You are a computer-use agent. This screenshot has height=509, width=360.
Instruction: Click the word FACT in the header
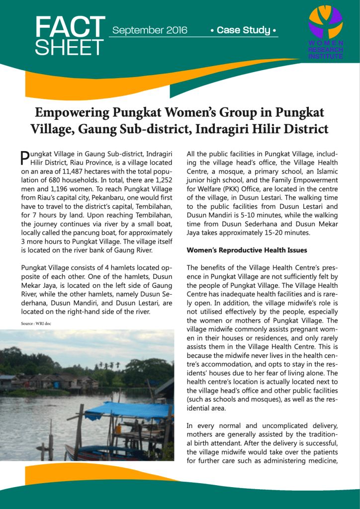pos(70,27)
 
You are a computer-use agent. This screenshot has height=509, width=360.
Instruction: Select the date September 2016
pos(150,30)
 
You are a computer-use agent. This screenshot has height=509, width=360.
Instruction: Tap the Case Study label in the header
pos(243,30)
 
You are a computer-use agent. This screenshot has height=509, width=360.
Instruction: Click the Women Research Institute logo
pos(326,33)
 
